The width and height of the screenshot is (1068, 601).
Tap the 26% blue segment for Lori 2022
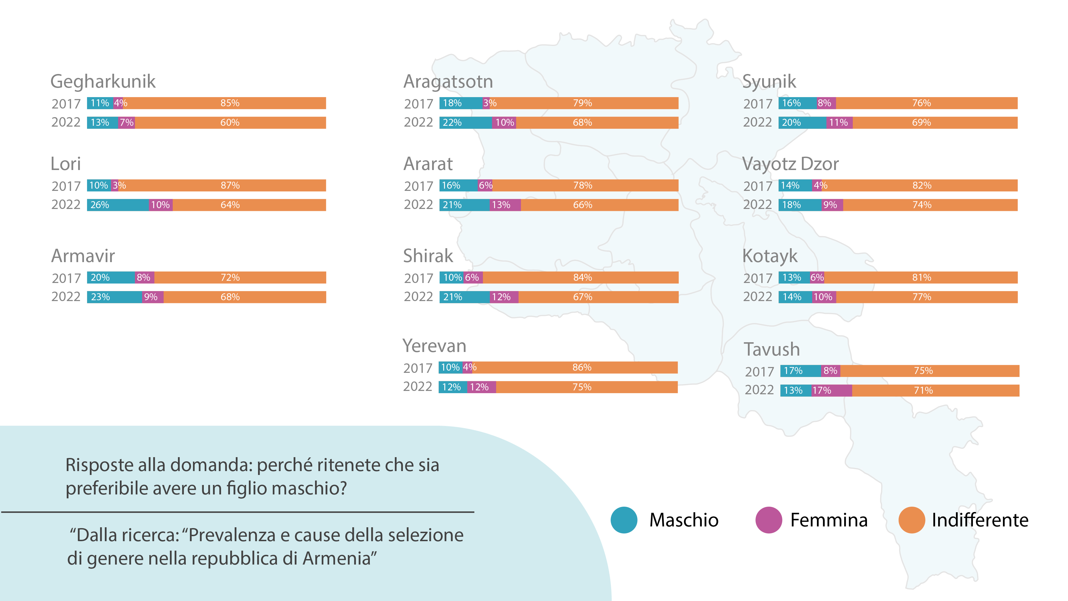[x=117, y=205]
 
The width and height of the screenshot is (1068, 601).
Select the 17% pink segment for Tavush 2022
[x=831, y=390]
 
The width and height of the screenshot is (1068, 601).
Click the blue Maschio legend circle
[x=624, y=520]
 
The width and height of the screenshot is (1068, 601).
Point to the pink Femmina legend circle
[x=768, y=520]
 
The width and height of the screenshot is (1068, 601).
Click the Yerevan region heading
[x=434, y=346]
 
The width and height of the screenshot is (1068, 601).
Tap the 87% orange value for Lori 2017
[x=230, y=185]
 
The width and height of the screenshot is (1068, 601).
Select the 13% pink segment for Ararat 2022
[x=505, y=205]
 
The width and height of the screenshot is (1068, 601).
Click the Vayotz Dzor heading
[x=790, y=164]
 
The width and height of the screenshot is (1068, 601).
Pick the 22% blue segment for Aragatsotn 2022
[x=465, y=123]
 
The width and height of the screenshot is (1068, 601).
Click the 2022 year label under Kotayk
[x=757, y=297]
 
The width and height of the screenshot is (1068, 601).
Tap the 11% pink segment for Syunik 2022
[x=839, y=123]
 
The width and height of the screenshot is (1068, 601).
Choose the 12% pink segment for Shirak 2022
[x=504, y=297]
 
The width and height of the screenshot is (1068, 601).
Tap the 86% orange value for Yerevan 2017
[x=582, y=368]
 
